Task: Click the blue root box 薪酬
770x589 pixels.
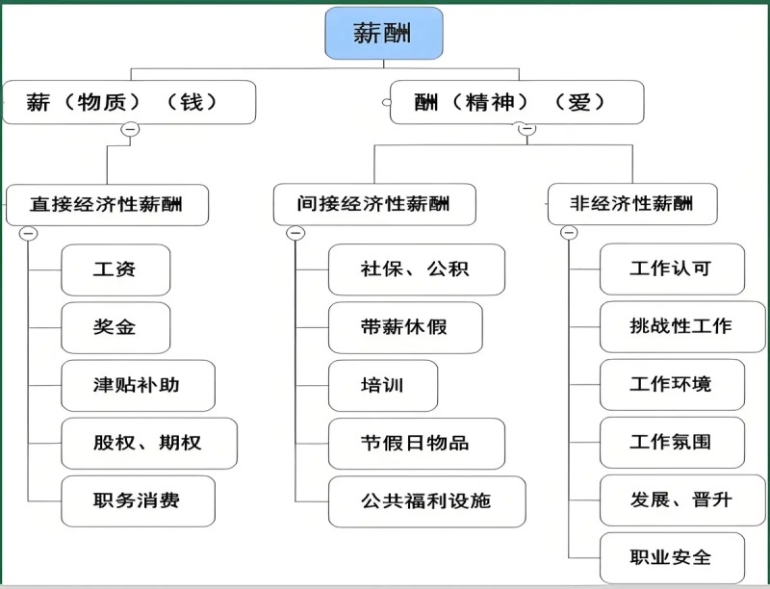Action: [x=384, y=35]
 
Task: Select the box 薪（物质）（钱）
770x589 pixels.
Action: [x=129, y=102]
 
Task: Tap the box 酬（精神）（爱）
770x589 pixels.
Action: [x=516, y=102]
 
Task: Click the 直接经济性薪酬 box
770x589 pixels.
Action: [x=106, y=204]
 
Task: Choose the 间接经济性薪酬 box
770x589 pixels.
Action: [x=373, y=204]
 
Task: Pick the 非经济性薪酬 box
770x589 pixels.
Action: [x=631, y=204]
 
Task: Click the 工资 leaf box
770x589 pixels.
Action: [x=115, y=269]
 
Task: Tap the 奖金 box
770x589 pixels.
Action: [x=115, y=327]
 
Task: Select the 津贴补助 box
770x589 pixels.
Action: [x=138, y=385]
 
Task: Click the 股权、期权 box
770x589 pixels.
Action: [x=148, y=443]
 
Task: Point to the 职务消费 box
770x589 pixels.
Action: [x=138, y=500]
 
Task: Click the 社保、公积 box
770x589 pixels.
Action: [x=416, y=269]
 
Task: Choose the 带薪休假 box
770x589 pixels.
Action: [x=404, y=327]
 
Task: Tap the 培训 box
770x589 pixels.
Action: [x=383, y=385]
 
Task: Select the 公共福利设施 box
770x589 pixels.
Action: [x=426, y=501]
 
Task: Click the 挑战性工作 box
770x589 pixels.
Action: [x=681, y=326]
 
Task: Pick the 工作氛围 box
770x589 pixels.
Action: [x=671, y=443]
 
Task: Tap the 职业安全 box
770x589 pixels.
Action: [x=671, y=557]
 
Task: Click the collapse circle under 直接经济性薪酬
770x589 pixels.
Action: [x=28, y=233]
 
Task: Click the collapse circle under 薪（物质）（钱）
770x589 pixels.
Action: [x=131, y=129]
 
